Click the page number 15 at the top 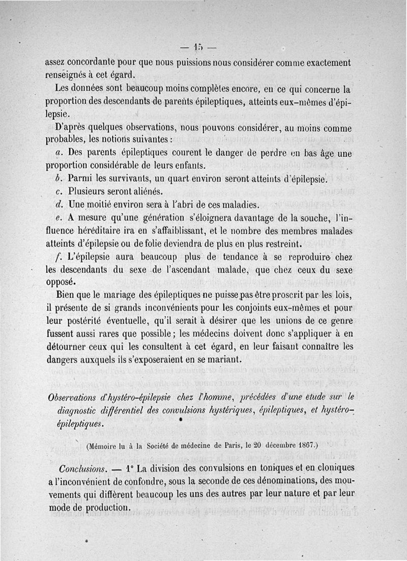coord(197,48)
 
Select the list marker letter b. coord(57,179)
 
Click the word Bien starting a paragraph coord(65,294)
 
